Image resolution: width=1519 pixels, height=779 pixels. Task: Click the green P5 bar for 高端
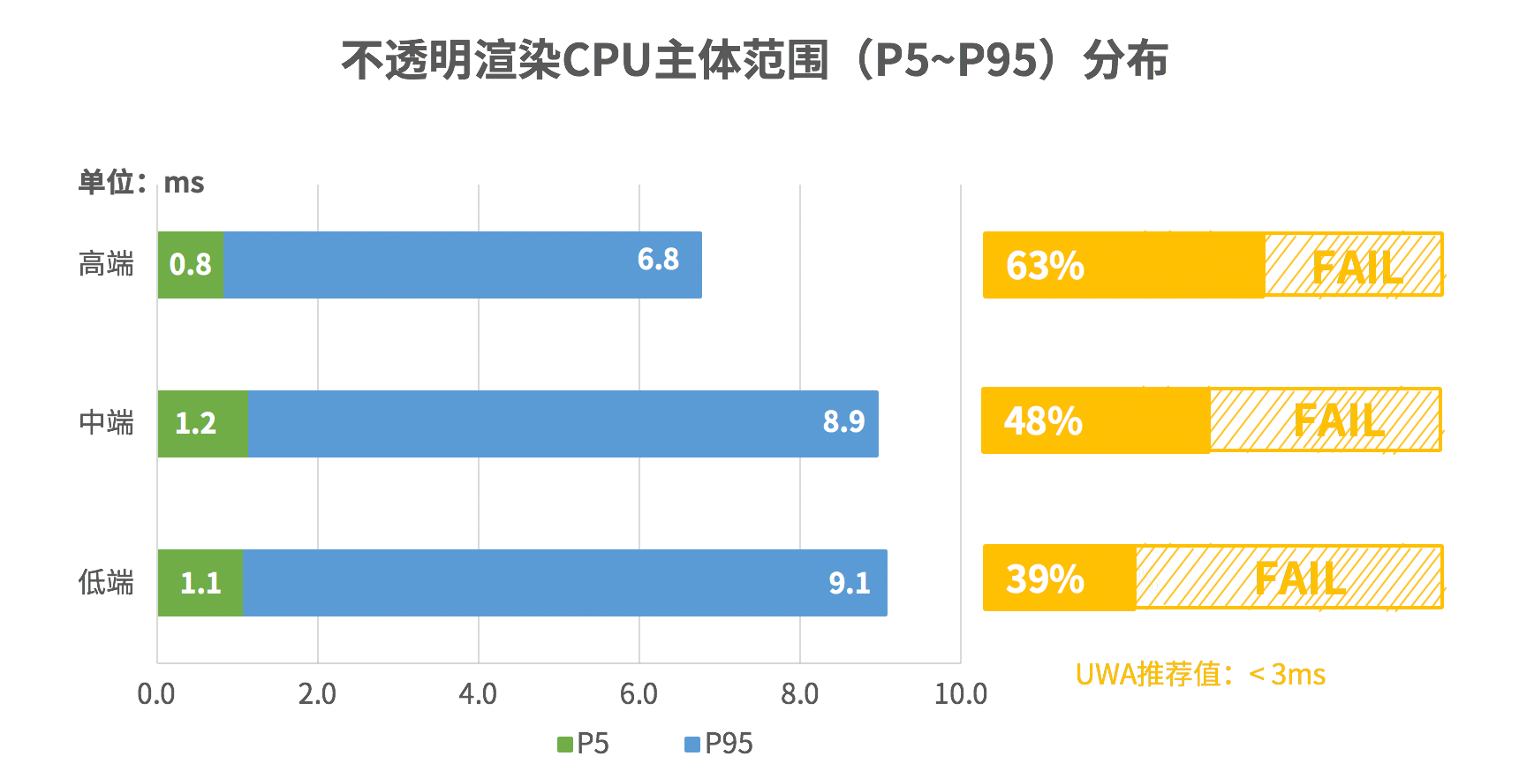coord(191,265)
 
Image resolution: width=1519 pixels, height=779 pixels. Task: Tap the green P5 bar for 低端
coord(200,583)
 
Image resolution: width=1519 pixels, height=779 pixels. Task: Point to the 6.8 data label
coord(658,260)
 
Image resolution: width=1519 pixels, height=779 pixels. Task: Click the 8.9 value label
coord(843,422)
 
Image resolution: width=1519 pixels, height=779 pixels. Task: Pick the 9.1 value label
coord(849,583)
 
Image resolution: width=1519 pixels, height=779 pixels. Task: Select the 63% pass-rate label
coord(1045,266)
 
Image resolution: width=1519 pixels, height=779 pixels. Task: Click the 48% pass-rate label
coord(1043,421)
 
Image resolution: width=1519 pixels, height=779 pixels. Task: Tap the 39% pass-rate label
coord(1045,579)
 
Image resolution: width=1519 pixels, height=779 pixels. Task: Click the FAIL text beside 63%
coord(1357,268)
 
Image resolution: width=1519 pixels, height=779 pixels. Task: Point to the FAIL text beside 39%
coord(1300,579)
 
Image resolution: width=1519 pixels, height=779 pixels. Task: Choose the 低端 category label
coord(106,583)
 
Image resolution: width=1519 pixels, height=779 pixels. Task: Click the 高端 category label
coord(106,264)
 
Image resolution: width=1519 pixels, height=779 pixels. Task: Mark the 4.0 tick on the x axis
coord(478,694)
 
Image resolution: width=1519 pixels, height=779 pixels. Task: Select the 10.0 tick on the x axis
coord(960,694)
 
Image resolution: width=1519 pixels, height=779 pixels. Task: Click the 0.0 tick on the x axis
coord(156,694)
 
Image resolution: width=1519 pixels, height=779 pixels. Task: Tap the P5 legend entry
coord(584,745)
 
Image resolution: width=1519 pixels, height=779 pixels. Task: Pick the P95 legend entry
coord(719,745)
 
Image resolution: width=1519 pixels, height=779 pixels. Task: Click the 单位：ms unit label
coord(141,183)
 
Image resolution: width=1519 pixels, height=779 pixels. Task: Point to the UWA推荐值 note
coord(1200,675)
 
